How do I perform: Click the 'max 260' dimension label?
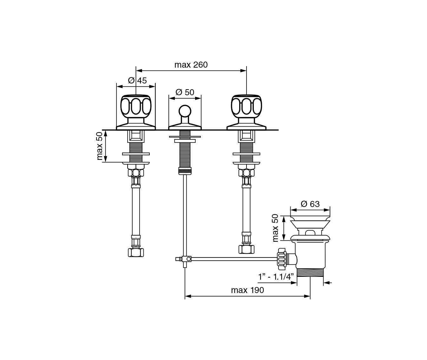191,65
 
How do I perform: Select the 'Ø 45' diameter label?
137,80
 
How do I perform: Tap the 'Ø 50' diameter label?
185,92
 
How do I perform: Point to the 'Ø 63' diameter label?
310,204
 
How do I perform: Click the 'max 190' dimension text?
247,290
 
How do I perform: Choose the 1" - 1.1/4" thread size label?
276,277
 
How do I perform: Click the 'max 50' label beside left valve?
99,146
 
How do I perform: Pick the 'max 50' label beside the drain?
275,228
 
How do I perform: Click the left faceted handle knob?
136,107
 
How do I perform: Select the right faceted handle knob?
246,107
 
